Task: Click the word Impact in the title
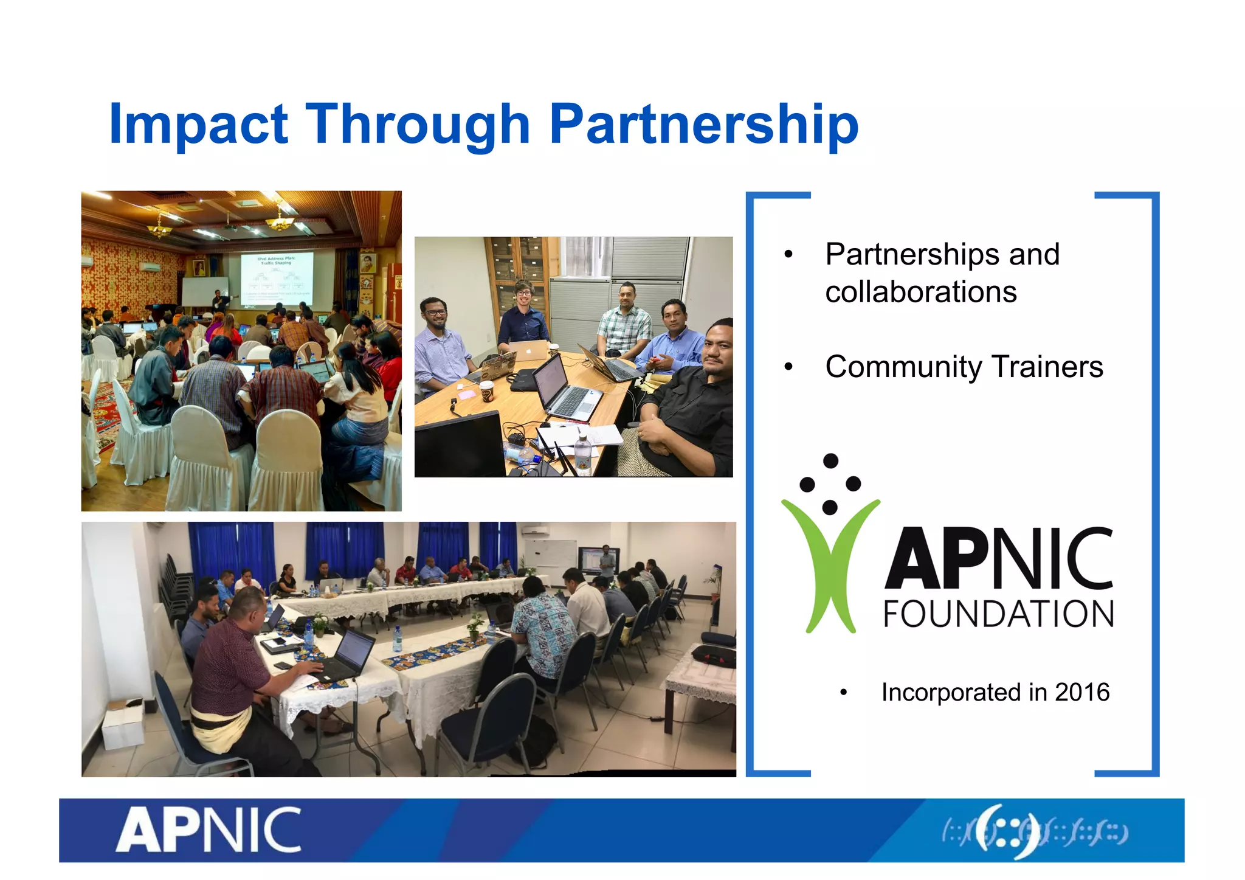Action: [198, 125]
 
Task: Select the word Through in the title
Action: [418, 125]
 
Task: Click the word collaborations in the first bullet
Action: [920, 292]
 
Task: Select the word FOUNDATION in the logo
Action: [998, 614]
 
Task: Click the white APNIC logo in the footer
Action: [209, 831]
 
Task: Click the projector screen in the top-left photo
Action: [277, 279]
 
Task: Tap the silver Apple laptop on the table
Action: [528, 351]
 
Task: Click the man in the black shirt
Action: [693, 401]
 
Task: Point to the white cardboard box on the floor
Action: [123, 727]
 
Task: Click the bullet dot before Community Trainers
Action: [788, 367]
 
